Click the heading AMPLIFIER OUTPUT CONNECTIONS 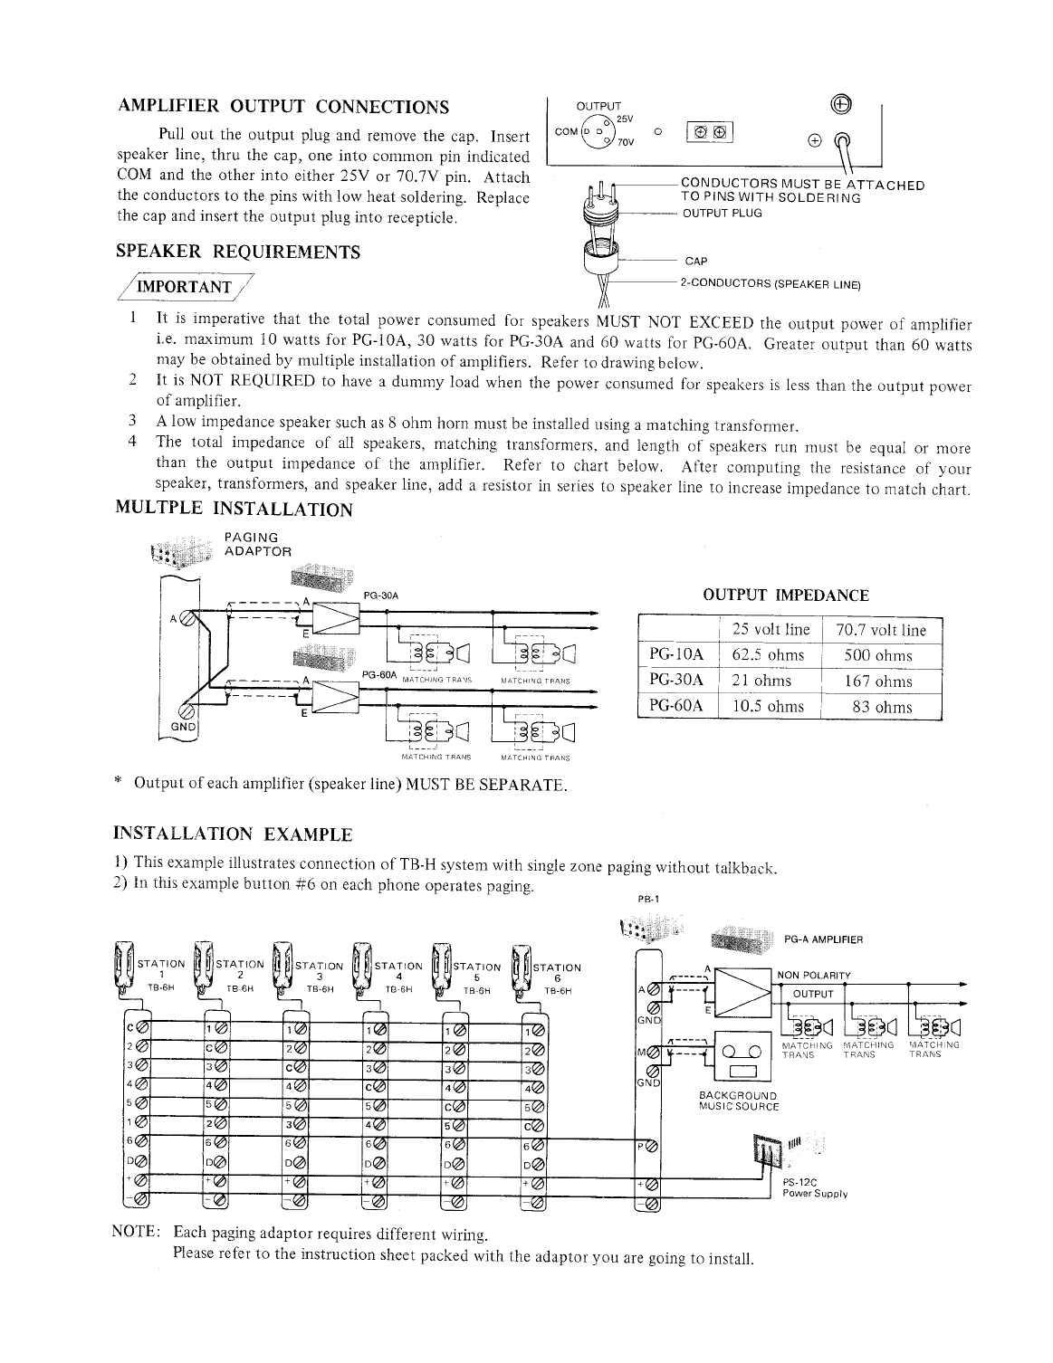(283, 108)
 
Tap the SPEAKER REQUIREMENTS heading (239, 252)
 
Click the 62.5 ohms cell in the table (768, 655)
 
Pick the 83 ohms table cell (882, 707)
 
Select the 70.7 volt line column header (881, 630)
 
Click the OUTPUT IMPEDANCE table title (786, 595)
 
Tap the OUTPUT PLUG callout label (722, 214)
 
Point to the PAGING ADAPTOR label (257, 545)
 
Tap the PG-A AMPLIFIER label (823, 939)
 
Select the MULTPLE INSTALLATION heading (235, 510)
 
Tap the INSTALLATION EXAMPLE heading (232, 833)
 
